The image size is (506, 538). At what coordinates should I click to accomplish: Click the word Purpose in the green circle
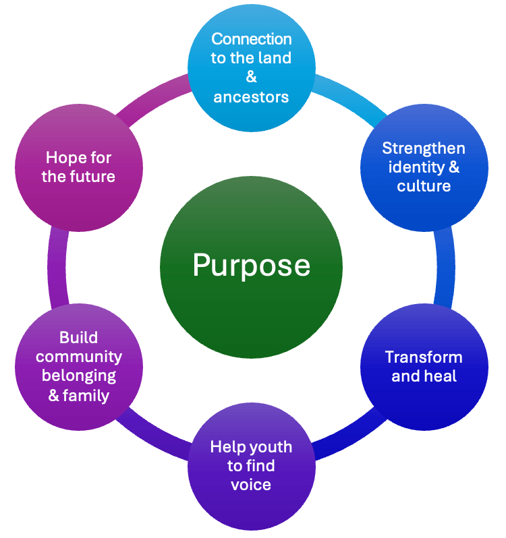click(x=251, y=265)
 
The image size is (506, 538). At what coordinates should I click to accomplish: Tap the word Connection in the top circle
click(x=252, y=39)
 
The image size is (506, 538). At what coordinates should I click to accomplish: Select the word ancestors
click(x=251, y=97)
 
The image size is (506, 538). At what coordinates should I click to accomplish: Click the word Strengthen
click(x=424, y=148)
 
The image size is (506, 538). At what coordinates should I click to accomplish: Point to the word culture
click(x=424, y=186)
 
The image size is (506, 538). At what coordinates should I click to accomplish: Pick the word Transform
click(x=424, y=357)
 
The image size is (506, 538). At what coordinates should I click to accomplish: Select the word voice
click(x=251, y=485)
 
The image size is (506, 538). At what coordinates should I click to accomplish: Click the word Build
click(x=79, y=337)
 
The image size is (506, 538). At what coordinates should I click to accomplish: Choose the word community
click(x=79, y=357)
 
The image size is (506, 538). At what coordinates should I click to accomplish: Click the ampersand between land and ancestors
click(x=252, y=78)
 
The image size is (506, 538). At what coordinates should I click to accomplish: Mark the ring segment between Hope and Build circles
click(x=57, y=266)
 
